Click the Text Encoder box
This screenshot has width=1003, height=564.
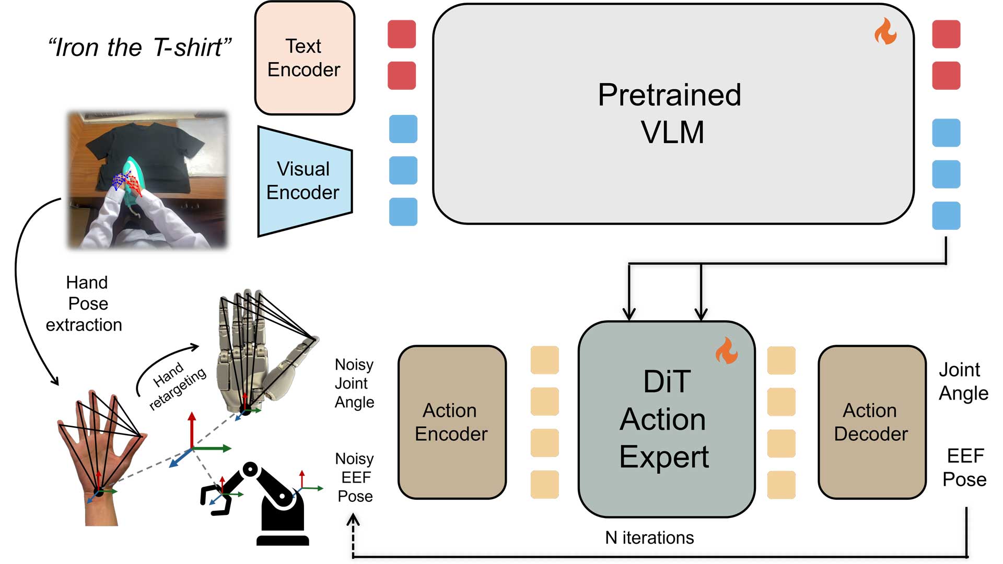coord(305,58)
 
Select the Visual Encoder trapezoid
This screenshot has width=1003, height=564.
coord(305,181)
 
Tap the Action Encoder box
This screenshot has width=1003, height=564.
coord(452,422)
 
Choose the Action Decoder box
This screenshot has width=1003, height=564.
coord(871,422)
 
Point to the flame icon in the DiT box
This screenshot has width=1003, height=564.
coord(726,350)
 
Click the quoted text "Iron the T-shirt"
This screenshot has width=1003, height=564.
coord(139,48)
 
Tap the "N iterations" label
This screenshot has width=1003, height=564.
coord(649,537)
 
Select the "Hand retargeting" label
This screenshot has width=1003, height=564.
coord(176,385)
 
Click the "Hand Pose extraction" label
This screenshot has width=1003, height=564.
coord(85,303)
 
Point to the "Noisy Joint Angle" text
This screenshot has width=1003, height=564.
coord(354,383)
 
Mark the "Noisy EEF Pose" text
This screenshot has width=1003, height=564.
coord(355,477)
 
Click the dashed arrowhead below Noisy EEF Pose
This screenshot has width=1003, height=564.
coord(353,520)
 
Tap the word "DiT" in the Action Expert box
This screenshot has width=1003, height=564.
coord(667,381)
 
